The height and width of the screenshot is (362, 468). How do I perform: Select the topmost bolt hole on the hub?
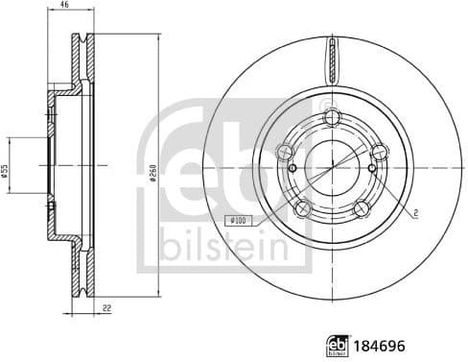tap(333, 117)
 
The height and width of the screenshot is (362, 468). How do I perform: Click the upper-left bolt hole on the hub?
tap(283, 151)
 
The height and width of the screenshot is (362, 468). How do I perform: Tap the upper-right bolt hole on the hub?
tap(379, 150)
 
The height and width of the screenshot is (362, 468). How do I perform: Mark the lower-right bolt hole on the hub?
tap(361, 207)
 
